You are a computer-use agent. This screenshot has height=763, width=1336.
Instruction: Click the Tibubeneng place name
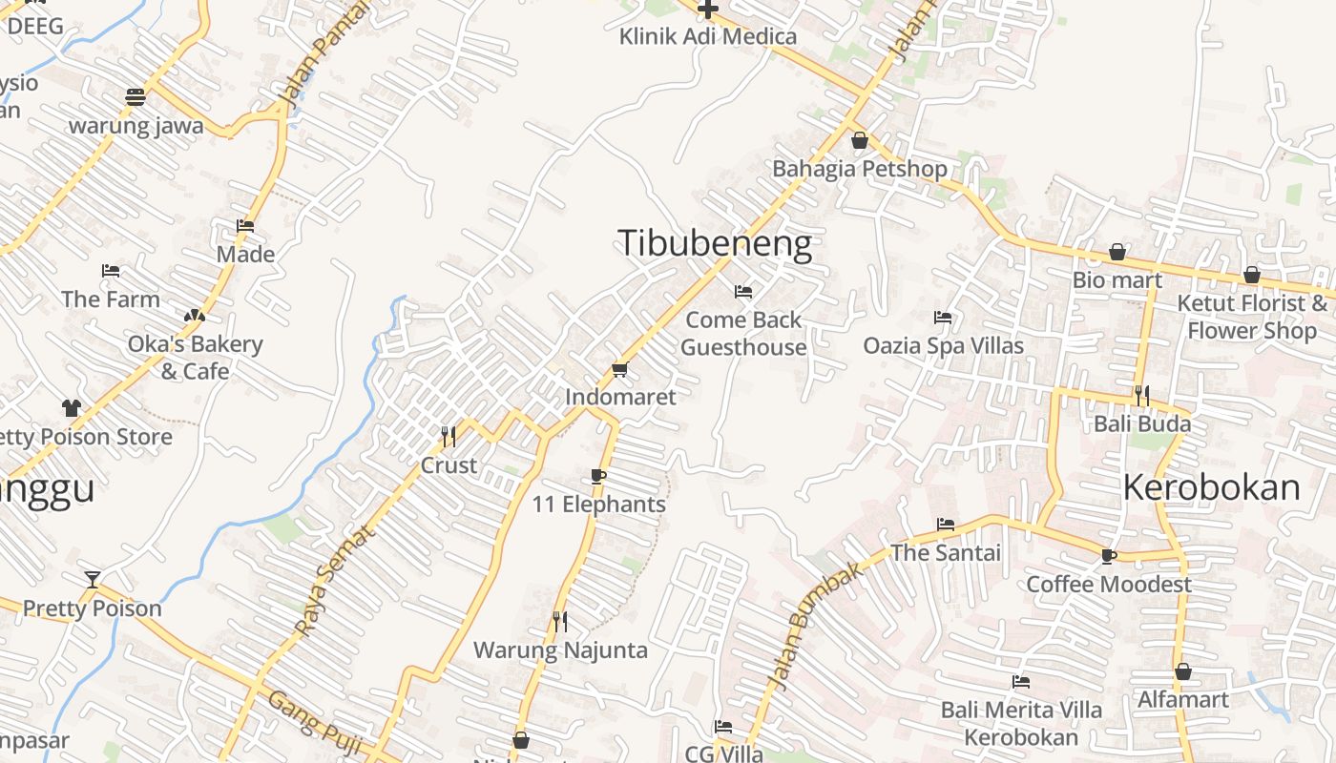(715, 243)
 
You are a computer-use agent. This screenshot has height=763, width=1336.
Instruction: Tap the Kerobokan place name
(1210, 487)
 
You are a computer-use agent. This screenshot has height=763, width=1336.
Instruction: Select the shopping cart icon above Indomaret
(619, 369)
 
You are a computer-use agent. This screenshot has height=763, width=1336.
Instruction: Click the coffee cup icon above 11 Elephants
(598, 477)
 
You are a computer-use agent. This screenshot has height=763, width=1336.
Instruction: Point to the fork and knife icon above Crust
(449, 437)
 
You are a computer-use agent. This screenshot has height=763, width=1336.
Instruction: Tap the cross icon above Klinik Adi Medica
(707, 10)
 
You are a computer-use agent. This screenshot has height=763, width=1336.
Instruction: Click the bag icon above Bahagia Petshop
(860, 141)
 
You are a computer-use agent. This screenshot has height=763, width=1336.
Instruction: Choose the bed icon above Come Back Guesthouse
(743, 291)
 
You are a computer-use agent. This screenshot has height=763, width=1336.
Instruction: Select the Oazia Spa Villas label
(943, 345)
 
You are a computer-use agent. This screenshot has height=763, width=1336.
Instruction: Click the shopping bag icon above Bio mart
(1117, 253)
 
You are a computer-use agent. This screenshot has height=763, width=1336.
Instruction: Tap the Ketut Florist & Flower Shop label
(1251, 317)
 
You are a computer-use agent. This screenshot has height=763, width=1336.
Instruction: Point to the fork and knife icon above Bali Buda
(1141, 395)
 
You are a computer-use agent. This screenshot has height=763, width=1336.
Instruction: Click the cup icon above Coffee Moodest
(1108, 556)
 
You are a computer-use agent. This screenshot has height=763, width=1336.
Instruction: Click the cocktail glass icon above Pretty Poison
(93, 580)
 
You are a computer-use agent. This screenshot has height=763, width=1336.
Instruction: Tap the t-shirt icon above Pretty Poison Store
(72, 408)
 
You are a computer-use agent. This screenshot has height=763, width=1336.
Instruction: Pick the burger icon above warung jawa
(136, 97)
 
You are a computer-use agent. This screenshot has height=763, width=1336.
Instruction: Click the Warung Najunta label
(560, 650)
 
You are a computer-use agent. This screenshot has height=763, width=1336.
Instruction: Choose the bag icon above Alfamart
(1183, 671)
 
